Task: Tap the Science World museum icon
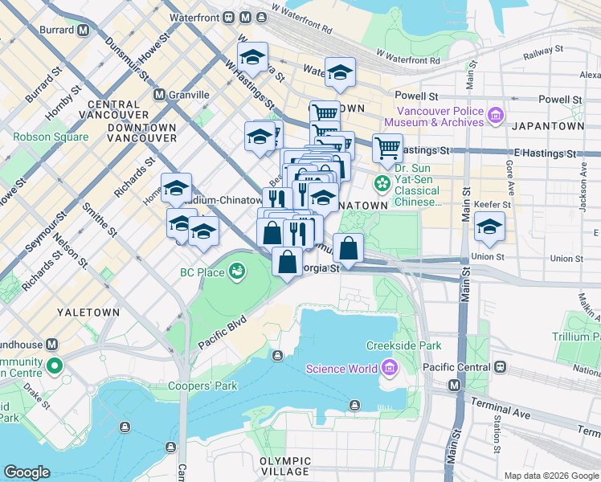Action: click(390, 369)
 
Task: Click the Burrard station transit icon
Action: click(83, 31)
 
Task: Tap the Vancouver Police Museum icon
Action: click(495, 116)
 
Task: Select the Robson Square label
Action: click(51, 137)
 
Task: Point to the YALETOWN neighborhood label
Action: click(88, 312)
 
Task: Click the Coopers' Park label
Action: click(202, 386)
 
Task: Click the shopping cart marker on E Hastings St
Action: click(387, 148)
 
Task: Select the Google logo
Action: click(27, 472)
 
